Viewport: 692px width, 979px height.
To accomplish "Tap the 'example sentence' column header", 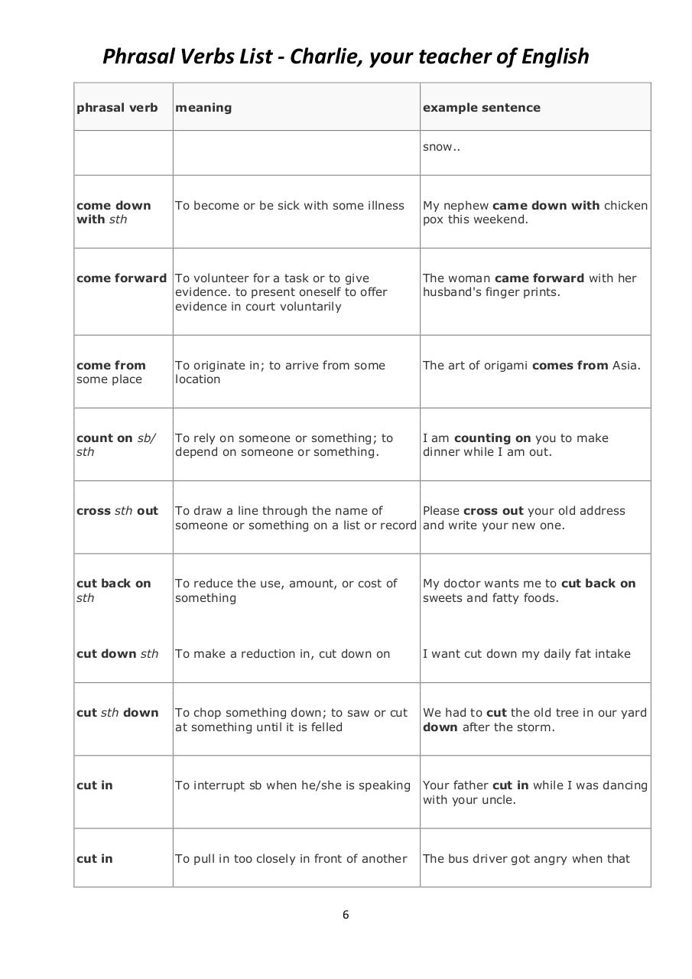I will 481,108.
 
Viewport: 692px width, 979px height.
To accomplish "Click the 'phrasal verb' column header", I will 117,108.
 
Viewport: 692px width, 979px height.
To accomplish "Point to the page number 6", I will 346,915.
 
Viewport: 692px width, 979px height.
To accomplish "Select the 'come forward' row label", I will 121,278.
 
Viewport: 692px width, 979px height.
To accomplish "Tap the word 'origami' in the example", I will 504,366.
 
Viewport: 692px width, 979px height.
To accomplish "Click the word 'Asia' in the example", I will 625,366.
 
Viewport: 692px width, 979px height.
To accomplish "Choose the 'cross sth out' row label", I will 117,511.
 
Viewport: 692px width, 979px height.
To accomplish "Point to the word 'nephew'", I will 467,206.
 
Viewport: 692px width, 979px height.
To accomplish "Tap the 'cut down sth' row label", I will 117,654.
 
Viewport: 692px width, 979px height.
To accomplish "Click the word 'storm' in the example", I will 534,727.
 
